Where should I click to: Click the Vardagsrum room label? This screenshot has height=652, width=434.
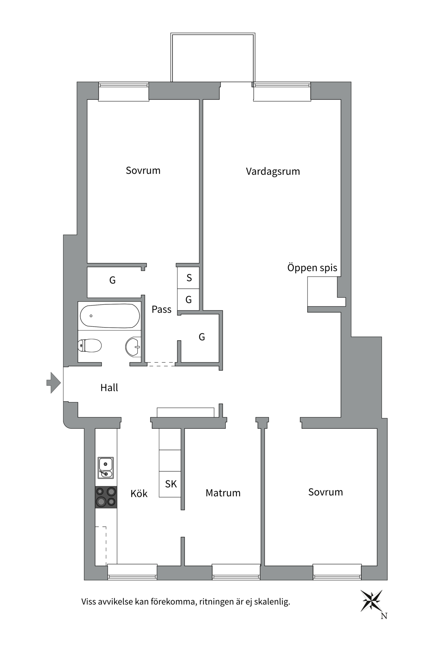273,171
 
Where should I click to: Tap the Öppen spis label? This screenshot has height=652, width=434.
312,268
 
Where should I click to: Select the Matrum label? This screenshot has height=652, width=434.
223,493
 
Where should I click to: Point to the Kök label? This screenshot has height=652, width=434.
139,493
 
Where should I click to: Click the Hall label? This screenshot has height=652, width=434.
109,387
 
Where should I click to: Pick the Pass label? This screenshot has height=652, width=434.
161,309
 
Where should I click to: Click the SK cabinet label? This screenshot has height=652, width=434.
171,484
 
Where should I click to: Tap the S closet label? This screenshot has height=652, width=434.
189,278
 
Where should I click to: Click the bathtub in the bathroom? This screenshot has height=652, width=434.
110,316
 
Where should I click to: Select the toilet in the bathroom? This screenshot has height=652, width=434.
90,346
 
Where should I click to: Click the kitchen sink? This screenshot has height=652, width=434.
106,468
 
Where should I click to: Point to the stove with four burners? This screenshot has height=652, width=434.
106,497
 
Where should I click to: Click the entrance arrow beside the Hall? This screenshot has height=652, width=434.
53,383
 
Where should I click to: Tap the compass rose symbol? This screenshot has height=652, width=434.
371,601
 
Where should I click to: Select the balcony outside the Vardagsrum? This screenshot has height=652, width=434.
213,58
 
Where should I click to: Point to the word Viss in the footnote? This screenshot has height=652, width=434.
89,602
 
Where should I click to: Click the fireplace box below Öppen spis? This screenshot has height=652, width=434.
322,291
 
